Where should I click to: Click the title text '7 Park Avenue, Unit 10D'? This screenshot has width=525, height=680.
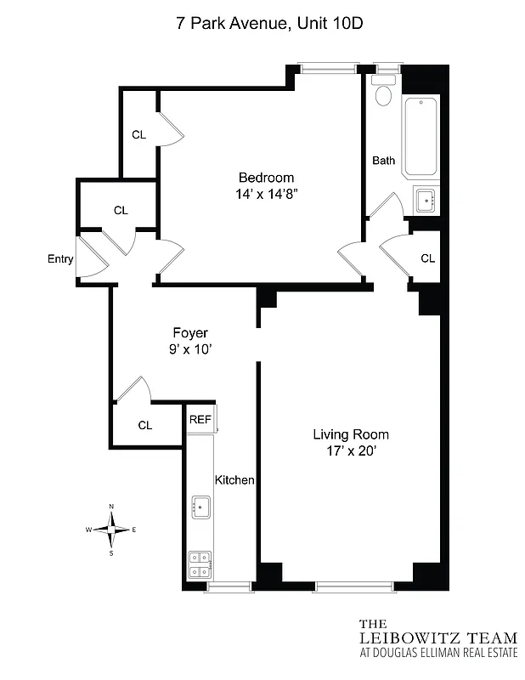[269, 24]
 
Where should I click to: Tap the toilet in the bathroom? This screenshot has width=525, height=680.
[384, 92]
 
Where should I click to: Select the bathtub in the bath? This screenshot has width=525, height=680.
[421, 137]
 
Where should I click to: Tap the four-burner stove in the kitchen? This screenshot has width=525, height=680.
[200, 565]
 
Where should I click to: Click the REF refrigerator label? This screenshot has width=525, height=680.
[200, 419]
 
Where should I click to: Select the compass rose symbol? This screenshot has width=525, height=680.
[111, 529]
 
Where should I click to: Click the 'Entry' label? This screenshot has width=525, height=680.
[60, 260]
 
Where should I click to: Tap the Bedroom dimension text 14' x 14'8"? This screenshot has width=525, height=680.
[266, 194]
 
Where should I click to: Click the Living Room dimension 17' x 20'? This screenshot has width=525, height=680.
[349, 451]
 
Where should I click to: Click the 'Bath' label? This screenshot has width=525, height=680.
[384, 160]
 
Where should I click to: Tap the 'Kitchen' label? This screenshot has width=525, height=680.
[234, 480]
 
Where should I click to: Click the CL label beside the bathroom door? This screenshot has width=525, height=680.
[427, 258]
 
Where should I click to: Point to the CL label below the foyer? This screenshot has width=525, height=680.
[145, 425]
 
